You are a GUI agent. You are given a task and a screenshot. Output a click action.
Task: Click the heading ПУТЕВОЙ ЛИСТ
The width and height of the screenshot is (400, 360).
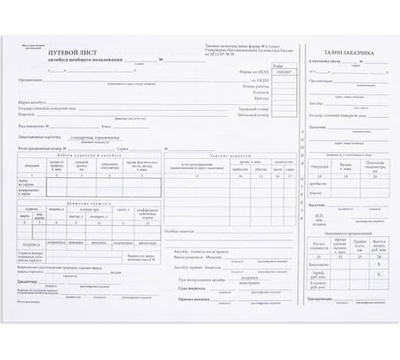[x=76, y=52]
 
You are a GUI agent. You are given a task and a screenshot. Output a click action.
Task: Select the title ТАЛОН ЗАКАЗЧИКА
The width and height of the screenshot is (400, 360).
[x=349, y=53]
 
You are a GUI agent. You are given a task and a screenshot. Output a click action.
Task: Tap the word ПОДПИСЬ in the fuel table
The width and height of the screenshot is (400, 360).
[x=32, y=245]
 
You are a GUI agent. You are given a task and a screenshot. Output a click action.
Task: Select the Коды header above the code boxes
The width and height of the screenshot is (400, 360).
[x=276, y=65]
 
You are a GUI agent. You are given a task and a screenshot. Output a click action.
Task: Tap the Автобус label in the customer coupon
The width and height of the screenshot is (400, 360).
[x=316, y=101]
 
